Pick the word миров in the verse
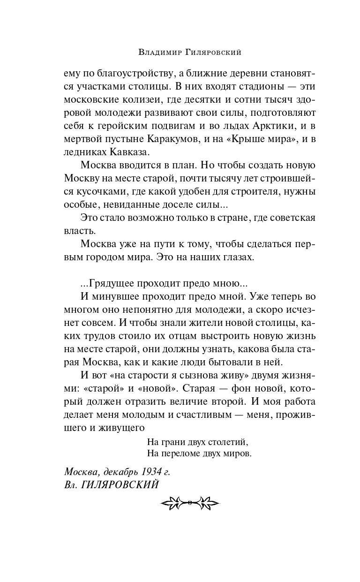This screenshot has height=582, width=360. [239, 454]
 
